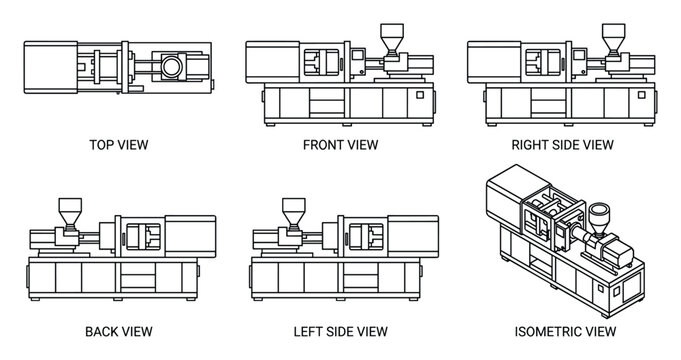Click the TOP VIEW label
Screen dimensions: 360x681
pos(119,145)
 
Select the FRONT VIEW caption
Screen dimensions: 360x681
pos(340,145)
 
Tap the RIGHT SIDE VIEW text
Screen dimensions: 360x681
pos(563,145)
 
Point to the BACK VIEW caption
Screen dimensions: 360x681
pos(119,330)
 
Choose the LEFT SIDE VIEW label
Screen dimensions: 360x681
pos(340,330)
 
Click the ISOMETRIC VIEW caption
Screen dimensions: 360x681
pos(563,330)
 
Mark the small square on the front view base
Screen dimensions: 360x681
pos(420,95)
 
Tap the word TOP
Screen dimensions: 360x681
pos(103,145)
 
